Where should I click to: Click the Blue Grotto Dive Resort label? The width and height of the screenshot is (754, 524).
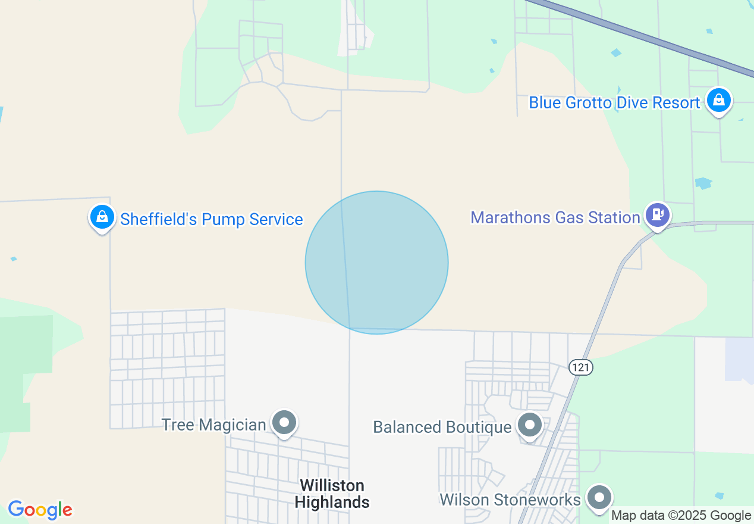tap(614, 103)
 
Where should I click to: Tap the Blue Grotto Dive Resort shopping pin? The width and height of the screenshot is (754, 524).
tap(719, 100)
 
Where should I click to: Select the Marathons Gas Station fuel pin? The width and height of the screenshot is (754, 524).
tap(657, 214)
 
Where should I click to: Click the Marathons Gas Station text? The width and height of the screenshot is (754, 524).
tap(555, 217)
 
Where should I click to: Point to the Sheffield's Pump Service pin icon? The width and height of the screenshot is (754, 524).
tap(102, 217)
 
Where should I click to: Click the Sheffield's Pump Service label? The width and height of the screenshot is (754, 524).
tap(212, 219)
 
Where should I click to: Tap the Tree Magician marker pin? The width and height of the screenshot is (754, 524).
tap(284, 423)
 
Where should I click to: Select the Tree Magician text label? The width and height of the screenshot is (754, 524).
tap(214, 425)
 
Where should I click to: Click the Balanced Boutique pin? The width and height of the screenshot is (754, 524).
tap(529, 425)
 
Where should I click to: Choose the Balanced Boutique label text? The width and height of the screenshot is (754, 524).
tap(442, 427)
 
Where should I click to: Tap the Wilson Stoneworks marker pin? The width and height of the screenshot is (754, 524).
tap(599, 497)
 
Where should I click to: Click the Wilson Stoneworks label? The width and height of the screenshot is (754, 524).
tap(510, 499)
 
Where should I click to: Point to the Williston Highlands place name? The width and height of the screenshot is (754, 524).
tap(332, 494)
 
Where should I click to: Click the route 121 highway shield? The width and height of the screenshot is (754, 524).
tap(581, 367)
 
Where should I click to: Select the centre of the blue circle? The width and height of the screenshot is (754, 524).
tap(376, 262)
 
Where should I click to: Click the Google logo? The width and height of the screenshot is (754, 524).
tap(40, 510)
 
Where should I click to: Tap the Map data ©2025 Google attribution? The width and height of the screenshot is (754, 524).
tap(681, 516)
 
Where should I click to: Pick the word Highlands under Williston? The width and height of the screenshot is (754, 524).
tap(332, 502)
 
